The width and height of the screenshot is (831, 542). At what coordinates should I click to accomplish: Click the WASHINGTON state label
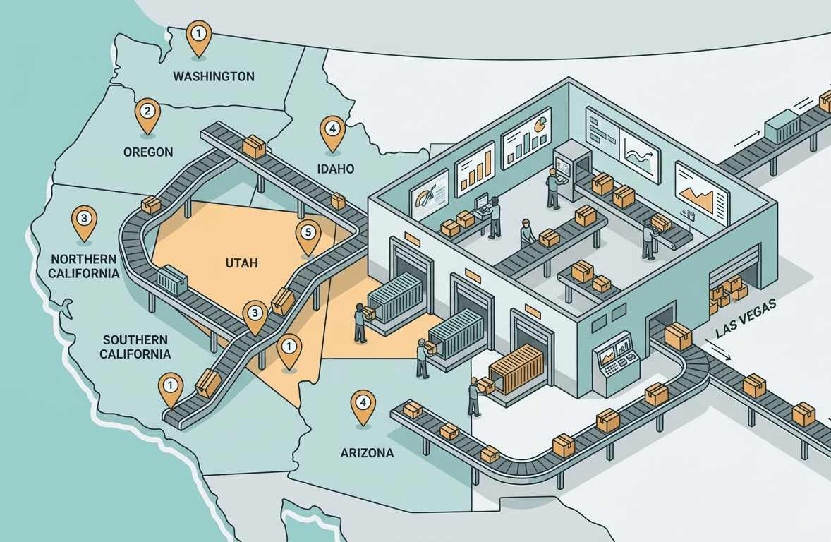click(214, 76)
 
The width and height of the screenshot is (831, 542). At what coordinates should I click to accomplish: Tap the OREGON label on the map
click(148, 152)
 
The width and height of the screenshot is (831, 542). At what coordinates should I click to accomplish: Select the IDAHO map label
click(335, 169)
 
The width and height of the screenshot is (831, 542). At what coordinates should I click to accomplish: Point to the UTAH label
click(241, 263)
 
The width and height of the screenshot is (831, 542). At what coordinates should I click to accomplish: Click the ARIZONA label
click(367, 453)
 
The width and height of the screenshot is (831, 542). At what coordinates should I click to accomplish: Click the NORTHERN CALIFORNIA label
click(85, 266)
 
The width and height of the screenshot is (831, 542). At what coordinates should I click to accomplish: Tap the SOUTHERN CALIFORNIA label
click(135, 347)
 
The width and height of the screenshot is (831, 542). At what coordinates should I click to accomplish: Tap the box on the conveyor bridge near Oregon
click(254, 147)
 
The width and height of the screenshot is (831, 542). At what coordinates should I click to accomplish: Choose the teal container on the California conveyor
click(172, 279)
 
